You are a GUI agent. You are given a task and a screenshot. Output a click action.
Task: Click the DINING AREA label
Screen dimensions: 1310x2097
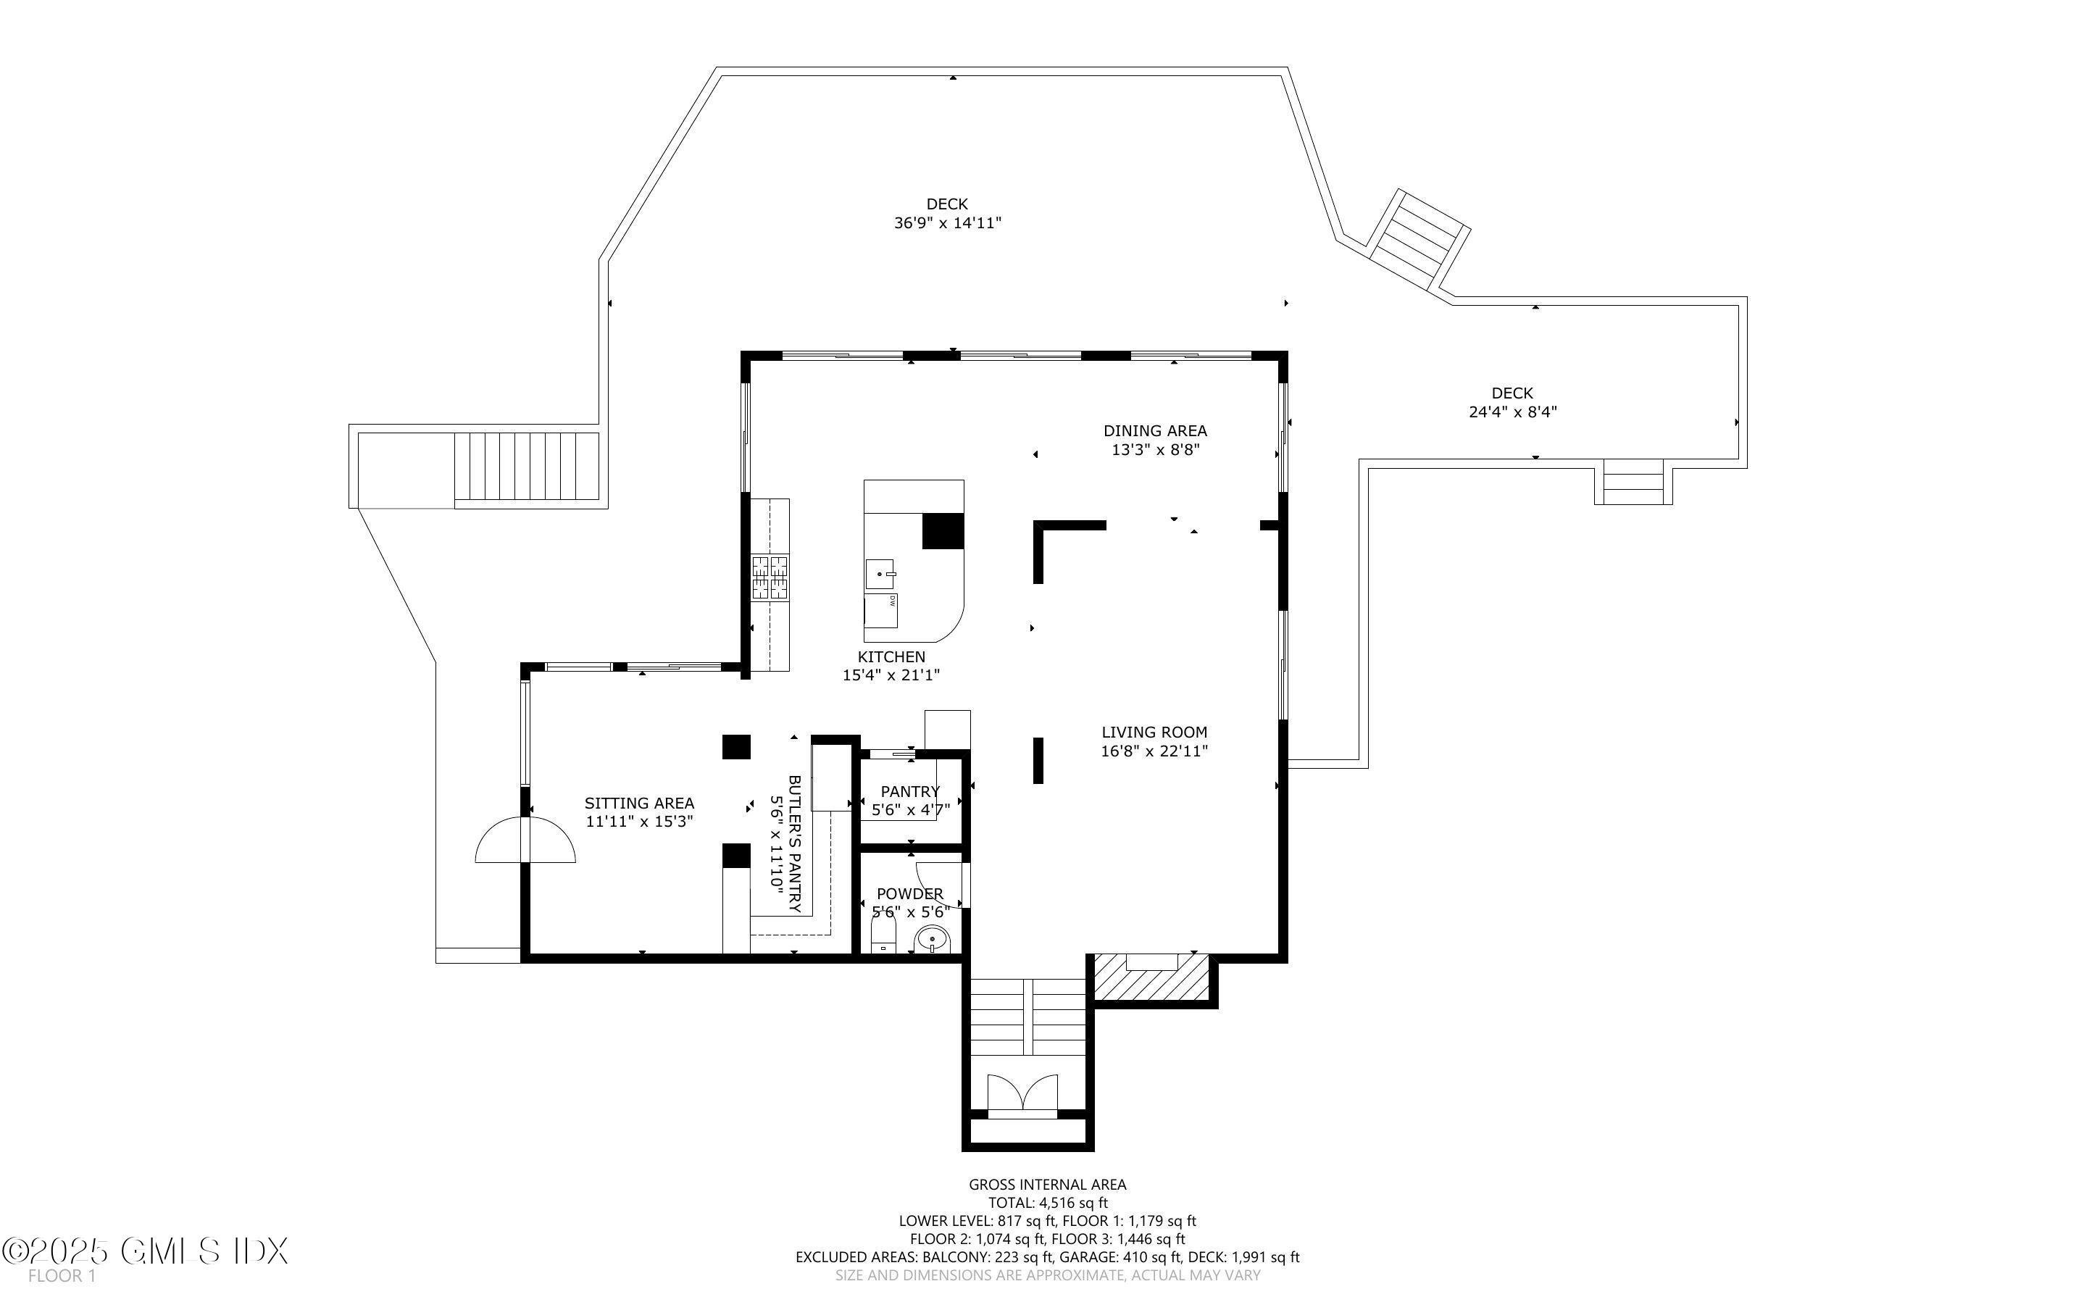1154,430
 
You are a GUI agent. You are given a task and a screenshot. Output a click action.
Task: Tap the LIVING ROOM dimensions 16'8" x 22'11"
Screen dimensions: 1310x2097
1154,751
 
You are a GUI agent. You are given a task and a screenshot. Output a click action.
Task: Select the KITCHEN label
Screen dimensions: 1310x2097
891,656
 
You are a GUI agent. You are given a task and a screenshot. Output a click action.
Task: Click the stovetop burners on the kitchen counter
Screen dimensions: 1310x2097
770,578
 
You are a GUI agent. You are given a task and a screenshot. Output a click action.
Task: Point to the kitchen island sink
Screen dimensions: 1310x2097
879,574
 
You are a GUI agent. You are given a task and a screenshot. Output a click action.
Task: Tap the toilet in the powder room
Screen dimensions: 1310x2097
883,937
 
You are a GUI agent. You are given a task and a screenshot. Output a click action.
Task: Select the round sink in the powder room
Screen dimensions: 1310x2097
933,938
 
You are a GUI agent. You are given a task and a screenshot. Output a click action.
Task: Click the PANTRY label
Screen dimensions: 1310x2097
909,791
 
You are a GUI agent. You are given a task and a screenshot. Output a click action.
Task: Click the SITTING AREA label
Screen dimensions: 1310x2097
639,803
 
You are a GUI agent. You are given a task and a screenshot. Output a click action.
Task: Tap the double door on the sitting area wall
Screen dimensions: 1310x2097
525,840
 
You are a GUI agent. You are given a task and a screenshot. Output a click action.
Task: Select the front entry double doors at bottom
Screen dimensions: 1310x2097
1023,1093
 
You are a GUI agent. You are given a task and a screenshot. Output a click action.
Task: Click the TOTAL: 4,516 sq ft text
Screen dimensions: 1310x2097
1048,1203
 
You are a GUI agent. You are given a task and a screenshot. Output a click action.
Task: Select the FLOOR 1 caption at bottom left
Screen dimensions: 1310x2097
62,1276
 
